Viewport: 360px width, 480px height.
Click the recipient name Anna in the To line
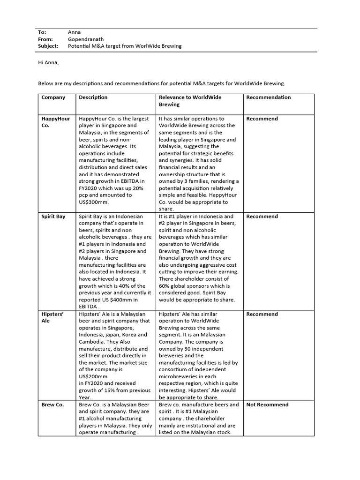[75, 32]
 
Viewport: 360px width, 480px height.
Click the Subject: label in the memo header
[48, 46]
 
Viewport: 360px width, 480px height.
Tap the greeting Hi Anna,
[49, 62]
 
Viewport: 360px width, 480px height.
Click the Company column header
[53, 97]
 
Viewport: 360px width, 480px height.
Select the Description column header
[93, 97]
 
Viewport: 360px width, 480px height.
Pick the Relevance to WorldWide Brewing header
[190, 101]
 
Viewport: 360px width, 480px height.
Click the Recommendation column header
[269, 97]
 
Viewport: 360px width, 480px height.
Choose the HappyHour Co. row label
[55, 122]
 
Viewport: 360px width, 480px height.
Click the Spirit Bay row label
[53, 217]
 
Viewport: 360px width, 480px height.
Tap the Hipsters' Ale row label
[53, 317]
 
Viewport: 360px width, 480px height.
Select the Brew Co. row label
[52, 405]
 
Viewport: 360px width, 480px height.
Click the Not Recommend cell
[268, 405]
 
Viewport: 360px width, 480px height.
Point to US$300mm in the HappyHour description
[94, 202]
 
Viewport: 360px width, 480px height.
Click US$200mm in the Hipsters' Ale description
[93, 376]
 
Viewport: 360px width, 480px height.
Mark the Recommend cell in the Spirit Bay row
[262, 217]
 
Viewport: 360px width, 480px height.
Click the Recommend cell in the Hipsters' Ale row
[262, 314]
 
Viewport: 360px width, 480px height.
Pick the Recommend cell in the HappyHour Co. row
[262, 119]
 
